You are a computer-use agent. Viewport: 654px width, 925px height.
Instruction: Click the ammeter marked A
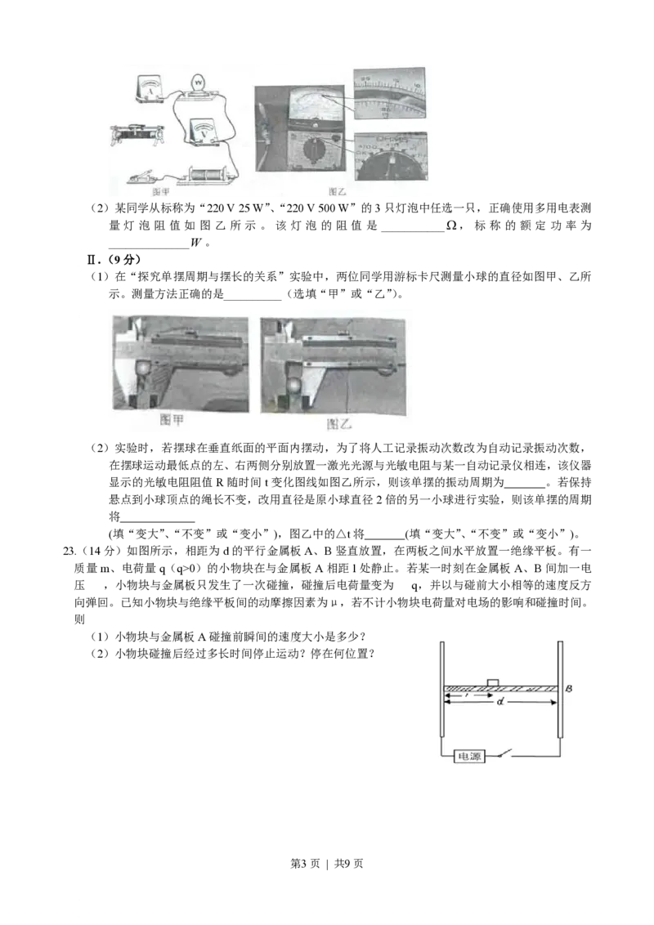150,87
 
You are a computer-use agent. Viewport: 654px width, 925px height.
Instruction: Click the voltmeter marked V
204,132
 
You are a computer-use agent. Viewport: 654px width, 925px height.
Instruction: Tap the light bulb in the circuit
199,83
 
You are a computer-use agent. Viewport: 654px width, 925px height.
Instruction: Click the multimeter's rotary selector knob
310,150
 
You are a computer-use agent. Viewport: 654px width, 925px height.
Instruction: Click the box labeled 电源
469,757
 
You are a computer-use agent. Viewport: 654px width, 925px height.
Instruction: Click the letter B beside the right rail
569,690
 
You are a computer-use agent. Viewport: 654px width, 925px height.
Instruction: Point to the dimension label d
500,704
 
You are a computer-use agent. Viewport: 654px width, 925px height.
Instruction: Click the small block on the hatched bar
493,682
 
